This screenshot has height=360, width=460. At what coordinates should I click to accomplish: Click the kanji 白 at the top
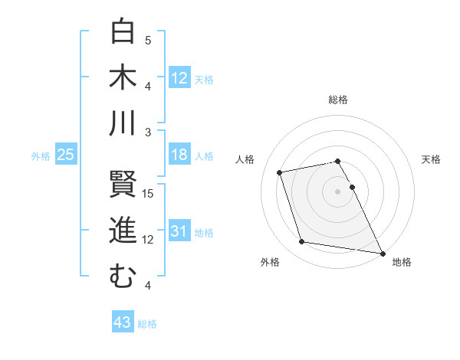pyautogui.click(x=123, y=31)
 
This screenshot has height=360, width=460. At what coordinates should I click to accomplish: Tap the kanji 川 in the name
pyautogui.click(x=123, y=123)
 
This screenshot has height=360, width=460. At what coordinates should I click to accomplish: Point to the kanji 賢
pyautogui.click(x=123, y=185)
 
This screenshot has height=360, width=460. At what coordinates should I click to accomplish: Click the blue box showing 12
pyautogui.click(x=179, y=77)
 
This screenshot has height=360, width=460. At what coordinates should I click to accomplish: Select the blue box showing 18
pyautogui.click(x=179, y=155)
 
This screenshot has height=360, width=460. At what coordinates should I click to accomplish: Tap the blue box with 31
pyautogui.click(x=179, y=231)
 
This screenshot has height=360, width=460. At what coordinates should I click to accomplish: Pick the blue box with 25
pyautogui.click(x=66, y=155)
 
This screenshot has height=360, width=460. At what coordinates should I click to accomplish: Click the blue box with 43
pyautogui.click(x=123, y=322)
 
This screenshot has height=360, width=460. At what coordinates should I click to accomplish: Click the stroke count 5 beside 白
pyautogui.click(x=148, y=40)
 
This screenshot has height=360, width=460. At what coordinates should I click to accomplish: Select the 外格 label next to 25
pyautogui.click(x=41, y=156)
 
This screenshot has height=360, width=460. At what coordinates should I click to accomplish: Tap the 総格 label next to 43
pyautogui.click(x=147, y=324)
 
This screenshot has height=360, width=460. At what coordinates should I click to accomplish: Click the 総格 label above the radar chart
pyautogui.click(x=338, y=100)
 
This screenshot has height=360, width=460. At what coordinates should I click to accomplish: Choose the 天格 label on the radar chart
pyautogui.click(x=431, y=159)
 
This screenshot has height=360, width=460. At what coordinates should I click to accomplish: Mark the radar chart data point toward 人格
pyautogui.click(x=280, y=172)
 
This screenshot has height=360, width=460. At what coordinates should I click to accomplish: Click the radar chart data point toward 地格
pyautogui.click(x=381, y=252)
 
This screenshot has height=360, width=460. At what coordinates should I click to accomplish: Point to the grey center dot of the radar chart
pyautogui.click(x=337, y=191)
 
